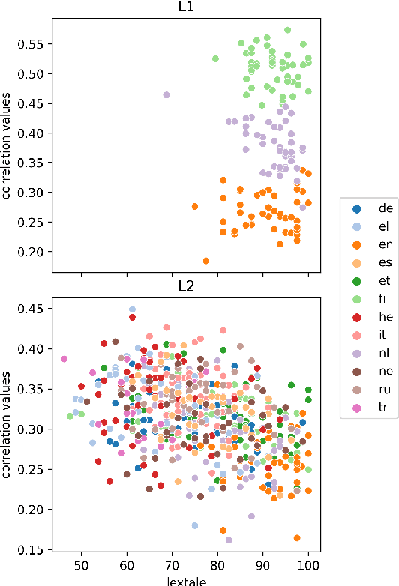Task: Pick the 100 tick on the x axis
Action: [x=308, y=565]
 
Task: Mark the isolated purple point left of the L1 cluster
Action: [x=166, y=95]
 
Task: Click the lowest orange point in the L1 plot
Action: [x=206, y=261]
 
